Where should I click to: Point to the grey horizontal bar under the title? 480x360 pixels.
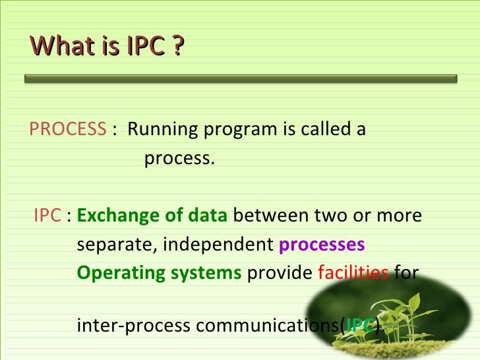coord(241,78)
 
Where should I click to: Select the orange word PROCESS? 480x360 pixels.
coord(67,129)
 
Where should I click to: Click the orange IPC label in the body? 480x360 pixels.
coord(47,216)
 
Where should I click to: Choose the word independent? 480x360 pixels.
coord(219,245)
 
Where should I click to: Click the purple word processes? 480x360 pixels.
coord(322,245)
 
